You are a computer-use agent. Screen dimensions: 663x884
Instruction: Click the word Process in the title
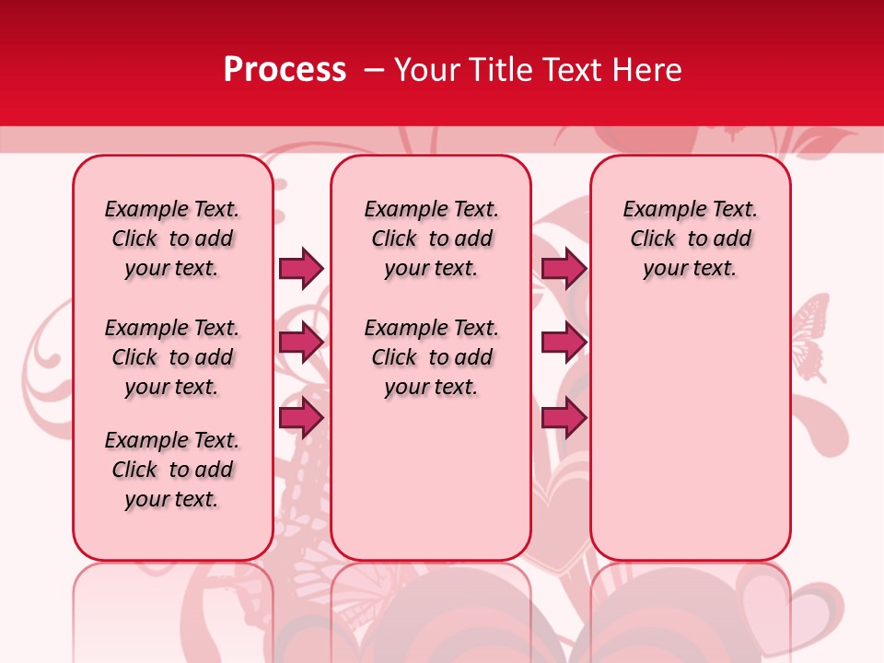[285, 70]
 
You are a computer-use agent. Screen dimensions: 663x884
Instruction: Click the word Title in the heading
[499, 70]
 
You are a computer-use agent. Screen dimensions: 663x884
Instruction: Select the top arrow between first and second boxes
[301, 268]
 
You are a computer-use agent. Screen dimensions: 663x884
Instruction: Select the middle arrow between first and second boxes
[301, 343]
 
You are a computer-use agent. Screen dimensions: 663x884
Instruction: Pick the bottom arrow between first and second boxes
[301, 417]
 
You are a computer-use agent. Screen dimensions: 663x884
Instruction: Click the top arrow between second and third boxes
[564, 268]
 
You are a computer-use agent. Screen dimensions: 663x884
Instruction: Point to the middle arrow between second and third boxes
[564, 343]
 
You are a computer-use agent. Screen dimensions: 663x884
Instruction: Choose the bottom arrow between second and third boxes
[564, 417]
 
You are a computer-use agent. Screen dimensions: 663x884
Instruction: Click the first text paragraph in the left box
[172, 238]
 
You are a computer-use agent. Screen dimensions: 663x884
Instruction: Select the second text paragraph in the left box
[172, 357]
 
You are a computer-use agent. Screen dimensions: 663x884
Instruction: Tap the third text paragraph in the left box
[172, 470]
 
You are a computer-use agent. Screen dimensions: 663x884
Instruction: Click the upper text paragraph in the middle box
[431, 238]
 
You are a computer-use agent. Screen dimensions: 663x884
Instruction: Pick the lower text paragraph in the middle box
[431, 357]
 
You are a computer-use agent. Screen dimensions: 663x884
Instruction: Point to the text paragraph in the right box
[690, 238]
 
